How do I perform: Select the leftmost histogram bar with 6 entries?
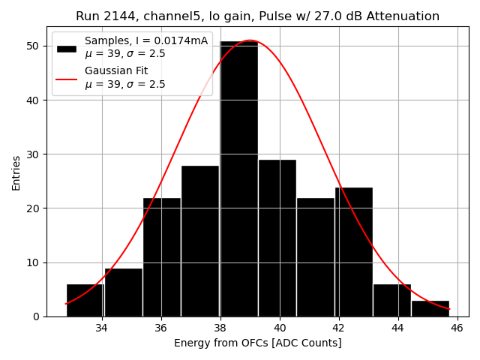coord(85,300)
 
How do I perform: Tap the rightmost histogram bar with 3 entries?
coord(430,308)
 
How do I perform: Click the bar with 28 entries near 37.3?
coord(200,241)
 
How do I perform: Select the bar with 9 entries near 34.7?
coord(123,292)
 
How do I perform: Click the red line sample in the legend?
coord(67,78)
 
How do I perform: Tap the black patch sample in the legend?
coord(67,48)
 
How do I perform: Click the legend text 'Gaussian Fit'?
coord(116,71)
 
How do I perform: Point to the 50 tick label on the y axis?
coord(33,46)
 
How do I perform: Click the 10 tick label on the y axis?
coord(33,262)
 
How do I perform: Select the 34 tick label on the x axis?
coord(101,328)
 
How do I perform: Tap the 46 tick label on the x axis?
coord(457,328)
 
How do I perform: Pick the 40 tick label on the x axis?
coord(280,328)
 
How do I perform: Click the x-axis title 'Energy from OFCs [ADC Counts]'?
coord(257,343)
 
